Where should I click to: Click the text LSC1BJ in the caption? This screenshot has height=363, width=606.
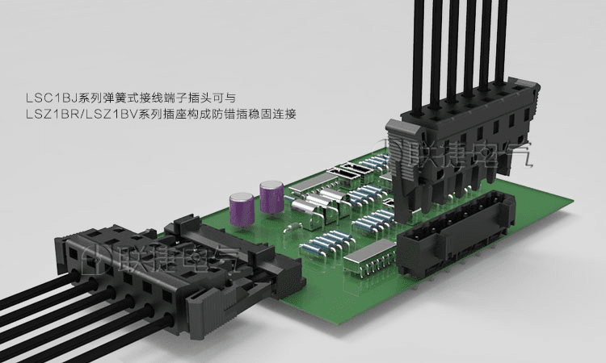click(x=52, y=98)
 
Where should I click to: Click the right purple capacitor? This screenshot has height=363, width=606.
click(x=271, y=197)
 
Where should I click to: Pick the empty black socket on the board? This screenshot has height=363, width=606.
click(x=456, y=232)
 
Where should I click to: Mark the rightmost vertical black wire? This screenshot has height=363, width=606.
click(x=502, y=43)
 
